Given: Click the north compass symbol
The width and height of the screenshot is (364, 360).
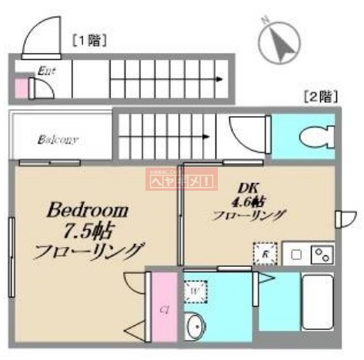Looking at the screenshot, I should [x=278, y=42].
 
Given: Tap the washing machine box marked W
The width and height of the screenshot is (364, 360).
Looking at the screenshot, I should [x=194, y=292].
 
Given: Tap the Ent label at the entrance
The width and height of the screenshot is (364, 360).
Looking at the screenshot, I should [x=45, y=69].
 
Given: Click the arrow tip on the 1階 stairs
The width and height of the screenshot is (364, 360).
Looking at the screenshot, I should [x=226, y=78].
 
